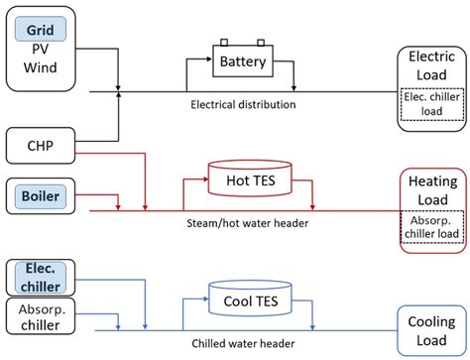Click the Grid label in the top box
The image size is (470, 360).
click(41, 32)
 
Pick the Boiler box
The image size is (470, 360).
click(41, 197)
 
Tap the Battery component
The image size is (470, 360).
click(243, 61)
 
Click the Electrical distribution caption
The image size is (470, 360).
click(244, 103)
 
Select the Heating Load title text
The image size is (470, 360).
click(431, 191)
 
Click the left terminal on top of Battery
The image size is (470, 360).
click(225, 43)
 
